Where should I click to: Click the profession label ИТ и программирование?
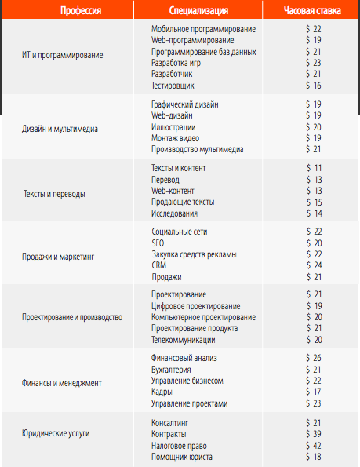[63, 57]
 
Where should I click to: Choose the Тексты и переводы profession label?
[54, 193]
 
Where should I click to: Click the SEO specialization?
[158, 243]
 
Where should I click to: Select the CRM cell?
[158, 265]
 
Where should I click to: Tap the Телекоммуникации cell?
[185, 340]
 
